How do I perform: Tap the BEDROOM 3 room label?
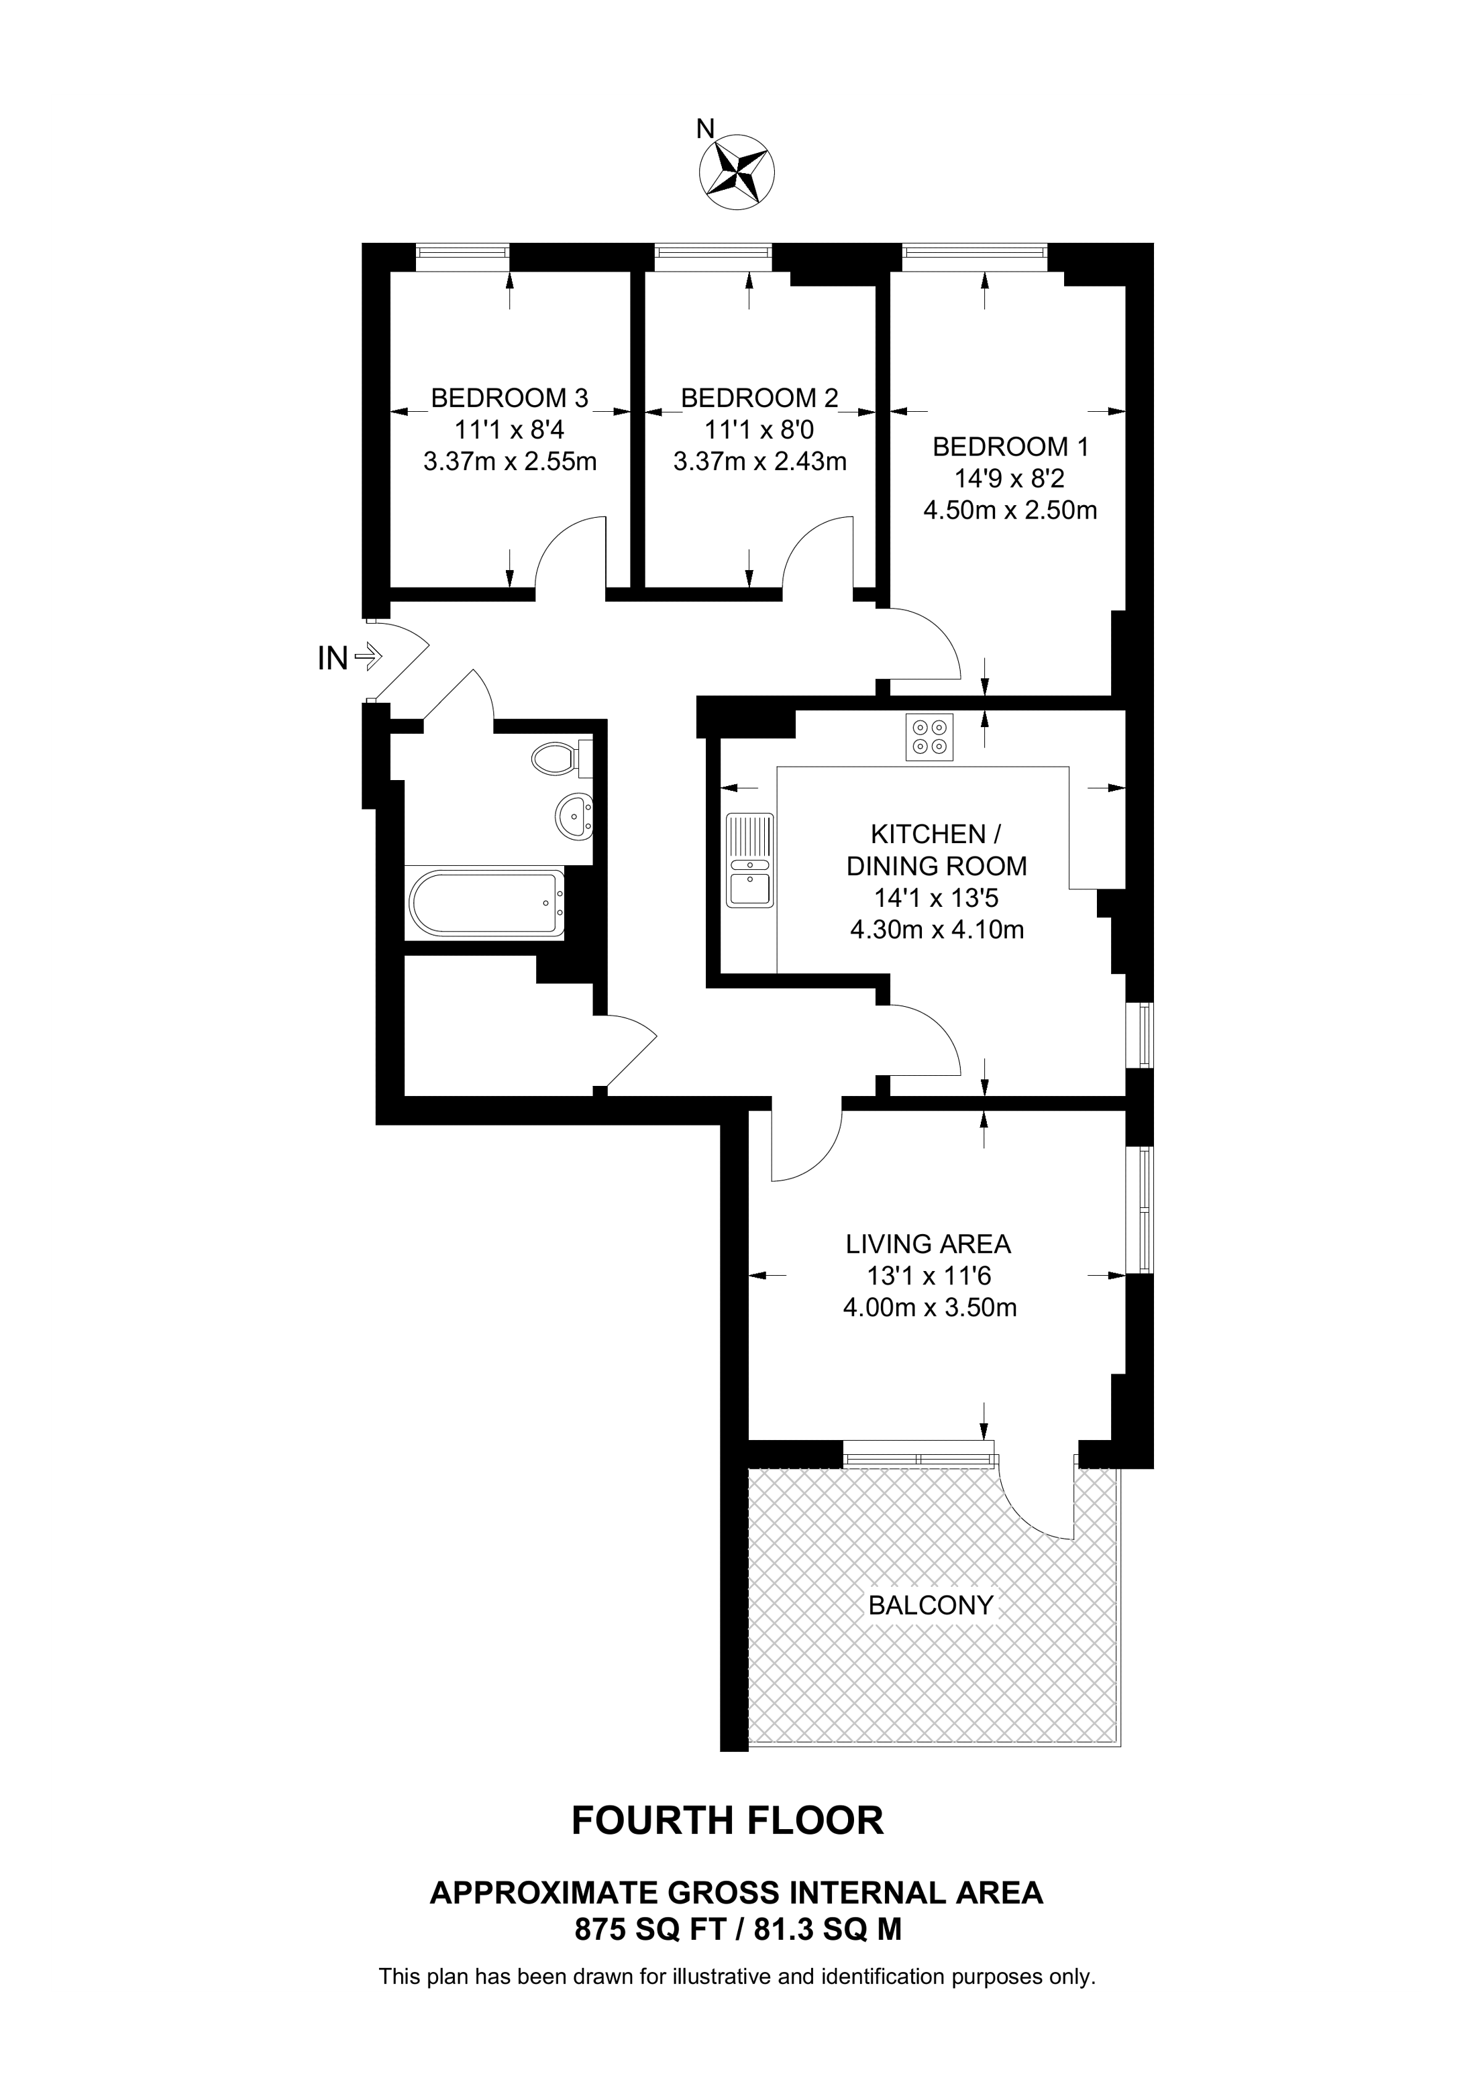click(509, 398)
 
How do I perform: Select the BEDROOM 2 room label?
click(759, 398)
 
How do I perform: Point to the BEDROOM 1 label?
click(1010, 447)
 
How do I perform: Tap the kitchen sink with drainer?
click(749, 861)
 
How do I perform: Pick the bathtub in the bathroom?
click(486, 903)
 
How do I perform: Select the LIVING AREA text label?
click(929, 1243)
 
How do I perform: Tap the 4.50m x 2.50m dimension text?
click(1010, 510)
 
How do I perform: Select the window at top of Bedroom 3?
click(462, 258)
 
